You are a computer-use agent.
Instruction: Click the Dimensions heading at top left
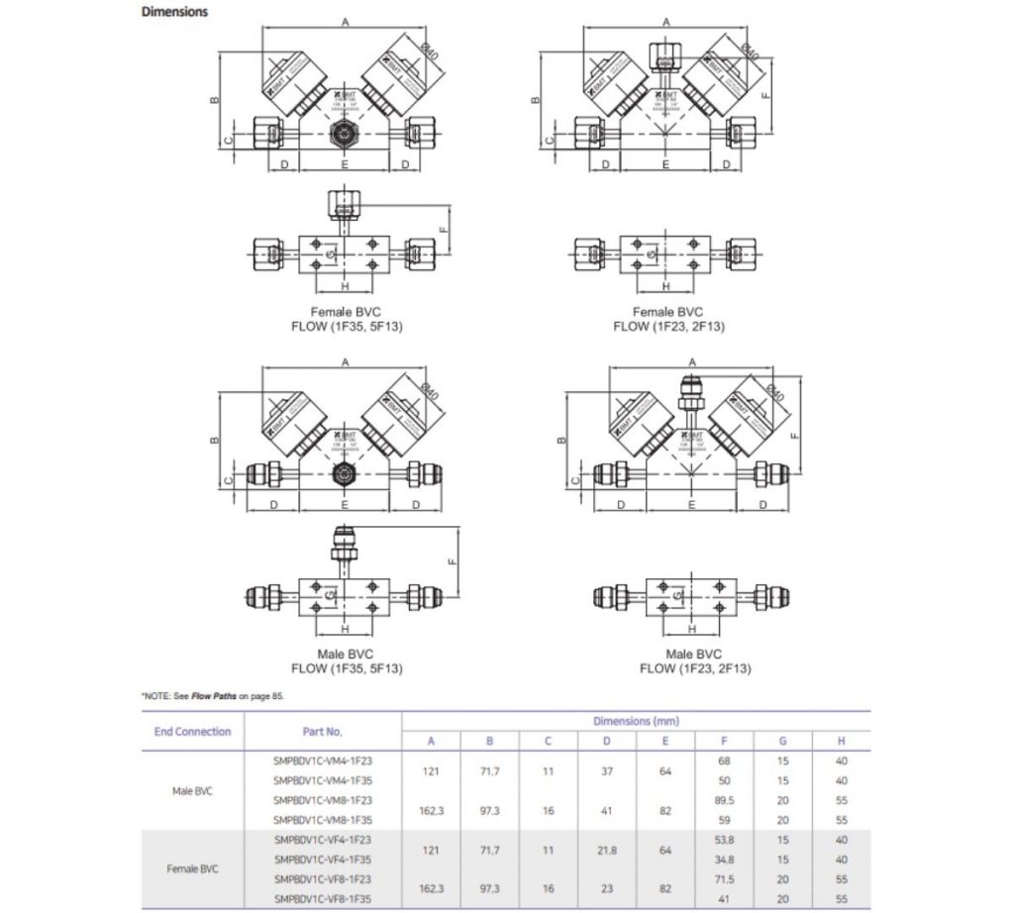pyautogui.click(x=174, y=12)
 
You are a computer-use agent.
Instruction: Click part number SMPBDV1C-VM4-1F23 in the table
pyautogui.click(x=322, y=761)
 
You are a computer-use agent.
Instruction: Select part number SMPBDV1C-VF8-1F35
pyautogui.click(x=322, y=899)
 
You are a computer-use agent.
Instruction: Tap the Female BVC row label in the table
pyautogui.click(x=193, y=868)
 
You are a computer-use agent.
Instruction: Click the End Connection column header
pyautogui.click(x=193, y=732)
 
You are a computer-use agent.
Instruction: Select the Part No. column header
pyautogui.click(x=322, y=732)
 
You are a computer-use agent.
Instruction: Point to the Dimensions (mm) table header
pyautogui.click(x=636, y=721)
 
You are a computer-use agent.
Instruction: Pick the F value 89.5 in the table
pyautogui.click(x=724, y=800)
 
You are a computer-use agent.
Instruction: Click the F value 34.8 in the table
pyautogui.click(x=724, y=859)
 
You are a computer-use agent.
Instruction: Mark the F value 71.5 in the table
pyautogui.click(x=724, y=878)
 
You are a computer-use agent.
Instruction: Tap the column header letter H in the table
pyautogui.click(x=842, y=741)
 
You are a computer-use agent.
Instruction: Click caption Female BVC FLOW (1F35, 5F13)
pyautogui.click(x=347, y=319)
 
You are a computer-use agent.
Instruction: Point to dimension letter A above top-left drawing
pyautogui.click(x=345, y=21)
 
